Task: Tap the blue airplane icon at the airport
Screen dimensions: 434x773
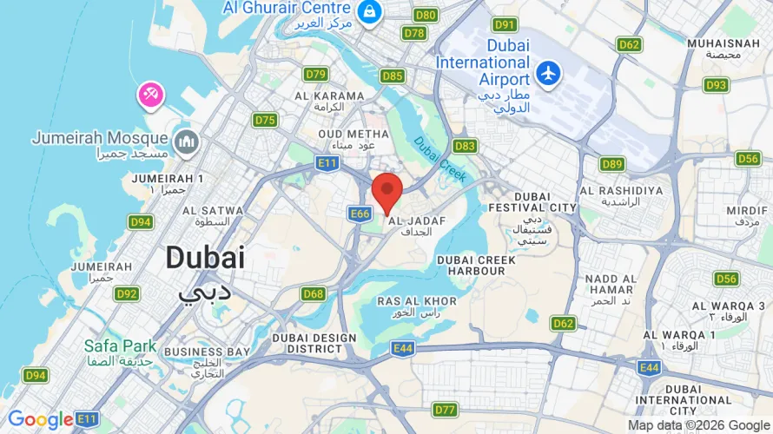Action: click(x=548, y=74)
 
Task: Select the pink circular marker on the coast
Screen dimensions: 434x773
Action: click(x=150, y=95)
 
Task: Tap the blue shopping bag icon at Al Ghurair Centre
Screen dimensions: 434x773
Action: click(x=370, y=11)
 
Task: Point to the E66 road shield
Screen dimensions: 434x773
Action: click(x=360, y=213)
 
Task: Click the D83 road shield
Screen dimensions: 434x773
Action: click(x=465, y=146)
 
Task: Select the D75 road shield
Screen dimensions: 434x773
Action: click(x=265, y=120)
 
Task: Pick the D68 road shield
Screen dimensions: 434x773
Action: click(x=314, y=293)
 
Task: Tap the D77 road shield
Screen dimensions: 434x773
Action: click(x=445, y=409)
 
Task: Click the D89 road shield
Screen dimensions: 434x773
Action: click(x=612, y=163)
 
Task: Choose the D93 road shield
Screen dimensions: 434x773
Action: click(x=717, y=84)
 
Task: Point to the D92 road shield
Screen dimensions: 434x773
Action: click(x=127, y=293)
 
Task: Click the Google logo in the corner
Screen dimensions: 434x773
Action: click(x=41, y=420)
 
